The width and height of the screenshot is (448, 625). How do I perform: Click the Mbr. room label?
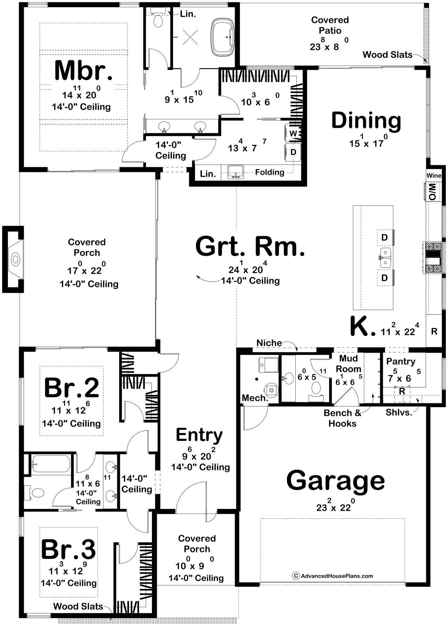click(x=83, y=70)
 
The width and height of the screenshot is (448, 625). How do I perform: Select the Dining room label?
click(x=366, y=121)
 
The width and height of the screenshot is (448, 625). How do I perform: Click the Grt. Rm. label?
click(x=250, y=246)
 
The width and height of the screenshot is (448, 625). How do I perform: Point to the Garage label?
click(x=335, y=481)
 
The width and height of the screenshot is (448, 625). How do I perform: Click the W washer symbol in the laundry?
click(x=293, y=133)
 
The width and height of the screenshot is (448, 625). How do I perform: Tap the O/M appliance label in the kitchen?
click(x=432, y=191)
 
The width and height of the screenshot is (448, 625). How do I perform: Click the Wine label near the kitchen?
click(x=434, y=176)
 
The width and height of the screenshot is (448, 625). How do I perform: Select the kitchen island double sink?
click(x=385, y=258)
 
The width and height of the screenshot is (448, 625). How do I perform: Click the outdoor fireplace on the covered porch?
click(x=13, y=259)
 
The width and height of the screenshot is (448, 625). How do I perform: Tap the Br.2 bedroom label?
click(x=72, y=388)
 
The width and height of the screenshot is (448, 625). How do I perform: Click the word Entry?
click(x=199, y=435)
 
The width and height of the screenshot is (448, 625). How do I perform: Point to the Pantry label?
click(x=401, y=362)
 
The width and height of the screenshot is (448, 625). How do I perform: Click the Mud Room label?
click(x=348, y=364)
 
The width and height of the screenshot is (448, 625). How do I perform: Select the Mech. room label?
click(x=255, y=398)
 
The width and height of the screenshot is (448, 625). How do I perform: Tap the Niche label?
click(x=269, y=343)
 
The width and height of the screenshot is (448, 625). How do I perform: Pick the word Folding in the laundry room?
click(x=269, y=172)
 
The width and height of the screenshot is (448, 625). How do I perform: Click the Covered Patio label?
click(x=330, y=25)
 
